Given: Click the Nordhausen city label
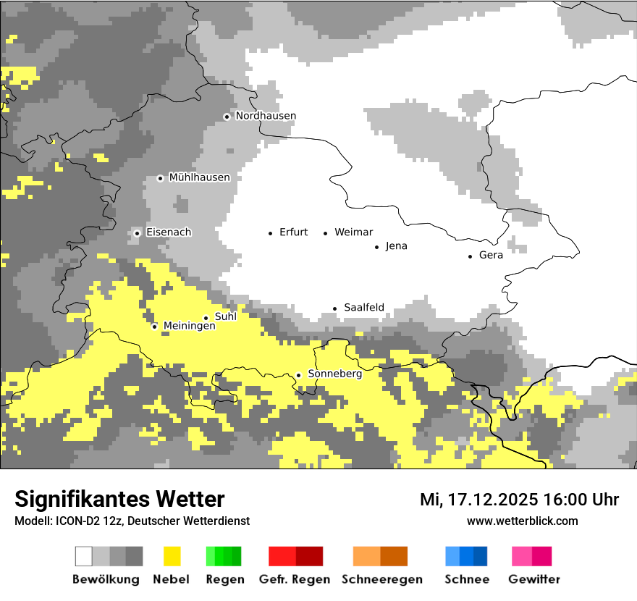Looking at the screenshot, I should coord(266,116).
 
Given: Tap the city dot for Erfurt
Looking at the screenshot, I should coord(270,233).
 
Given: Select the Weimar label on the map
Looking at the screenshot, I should coord(353,232).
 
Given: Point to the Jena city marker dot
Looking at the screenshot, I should coord(376,247).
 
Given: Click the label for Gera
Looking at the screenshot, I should coord(491,255).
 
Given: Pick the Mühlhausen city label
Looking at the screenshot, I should coord(199,177).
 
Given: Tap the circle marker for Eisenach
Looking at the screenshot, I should coord(137,233).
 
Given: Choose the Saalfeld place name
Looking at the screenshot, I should coord(363,308).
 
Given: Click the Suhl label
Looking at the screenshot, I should coord(226,316).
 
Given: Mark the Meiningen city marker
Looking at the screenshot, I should coord(154,327).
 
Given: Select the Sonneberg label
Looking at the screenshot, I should coord(334,374).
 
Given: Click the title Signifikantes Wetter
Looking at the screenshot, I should coord(119,500).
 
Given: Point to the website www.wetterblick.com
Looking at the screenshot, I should coord(522,521).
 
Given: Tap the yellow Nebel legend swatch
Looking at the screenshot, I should coord(172,556).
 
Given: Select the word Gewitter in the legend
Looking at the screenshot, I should coord(533,579).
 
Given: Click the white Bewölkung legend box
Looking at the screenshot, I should coord(84,556).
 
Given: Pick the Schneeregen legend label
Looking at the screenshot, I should coord(381,579).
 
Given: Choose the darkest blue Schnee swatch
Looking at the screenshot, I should coord(480,556).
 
